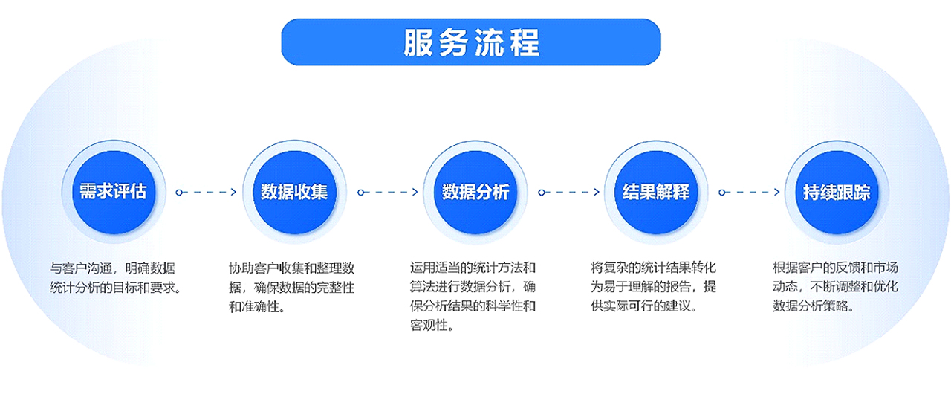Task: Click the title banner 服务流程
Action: (x=471, y=42)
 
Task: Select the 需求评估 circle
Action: (x=114, y=192)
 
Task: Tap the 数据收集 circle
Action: (x=294, y=192)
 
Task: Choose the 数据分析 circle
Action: (x=475, y=192)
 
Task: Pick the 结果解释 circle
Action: (x=656, y=192)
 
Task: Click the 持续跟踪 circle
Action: (x=837, y=192)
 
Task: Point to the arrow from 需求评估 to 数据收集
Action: (x=207, y=193)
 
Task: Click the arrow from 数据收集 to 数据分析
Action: (x=388, y=193)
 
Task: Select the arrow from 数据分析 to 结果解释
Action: (x=568, y=193)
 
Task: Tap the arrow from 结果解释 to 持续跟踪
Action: (x=750, y=193)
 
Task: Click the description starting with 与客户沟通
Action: (x=116, y=278)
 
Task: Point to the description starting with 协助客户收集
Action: (x=292, y=288)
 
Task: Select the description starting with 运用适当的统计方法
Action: (x=473, y=297)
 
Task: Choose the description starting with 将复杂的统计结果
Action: (x=653, y=287)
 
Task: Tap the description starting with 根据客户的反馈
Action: (x=835, y=287)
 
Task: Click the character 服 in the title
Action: (x=418, y=42)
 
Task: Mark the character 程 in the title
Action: (x=525, y=42)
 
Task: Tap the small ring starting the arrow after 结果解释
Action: (x=721, y=193)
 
